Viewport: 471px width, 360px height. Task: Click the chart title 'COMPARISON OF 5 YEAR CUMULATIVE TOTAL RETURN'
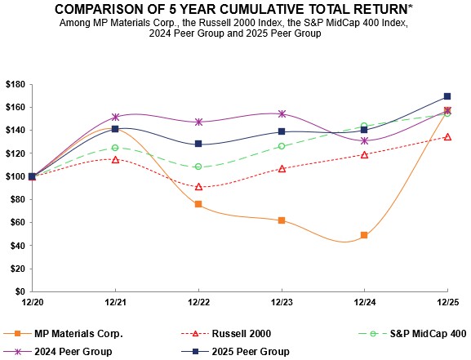pos(235,9)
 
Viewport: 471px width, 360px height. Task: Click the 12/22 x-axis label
pos(198,303)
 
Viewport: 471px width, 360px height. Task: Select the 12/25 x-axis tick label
pos(447,303)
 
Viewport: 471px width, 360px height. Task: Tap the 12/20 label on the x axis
pos(32,303)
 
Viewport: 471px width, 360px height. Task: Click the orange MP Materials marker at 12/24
pos(364,235)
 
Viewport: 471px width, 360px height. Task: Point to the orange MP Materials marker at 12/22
pos(198,204)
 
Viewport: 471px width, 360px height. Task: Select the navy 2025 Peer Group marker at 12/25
pos(447,96)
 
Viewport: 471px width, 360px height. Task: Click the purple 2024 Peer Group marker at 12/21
pos(115,117)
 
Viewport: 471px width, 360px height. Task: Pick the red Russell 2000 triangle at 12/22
pos(198,186)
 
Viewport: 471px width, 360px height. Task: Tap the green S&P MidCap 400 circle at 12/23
pos(282,146)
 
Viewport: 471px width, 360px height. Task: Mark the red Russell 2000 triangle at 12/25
pos(447,136)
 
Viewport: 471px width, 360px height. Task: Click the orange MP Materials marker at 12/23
pos(282,220)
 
